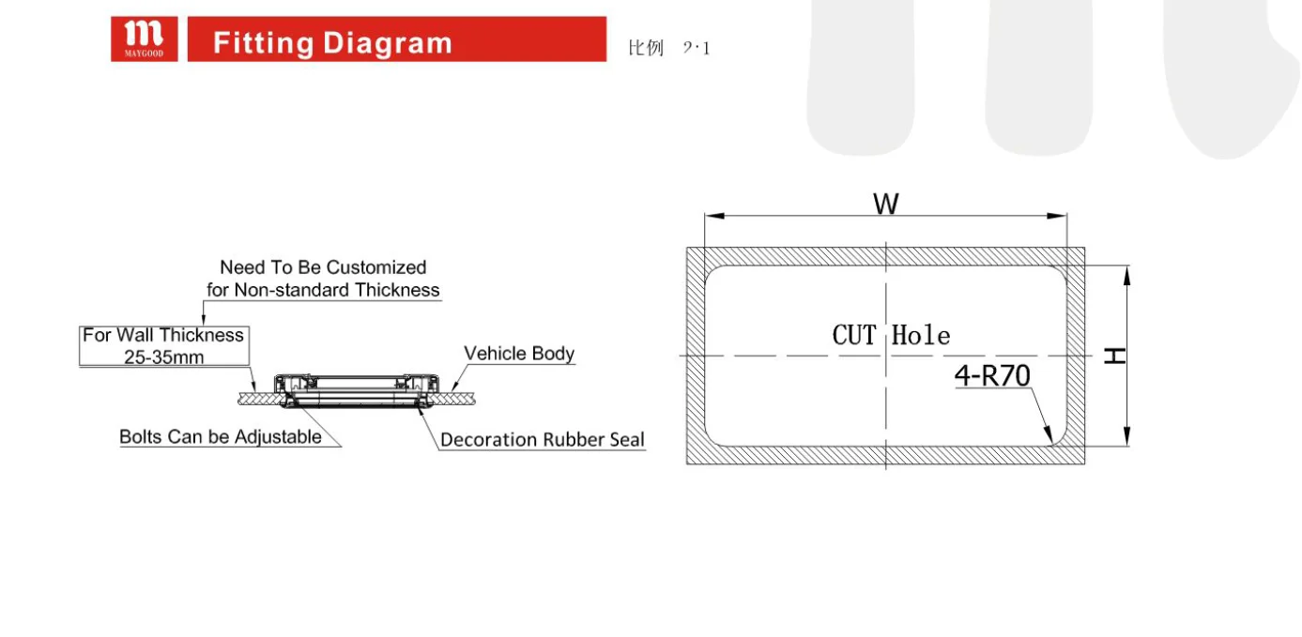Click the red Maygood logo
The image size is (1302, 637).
point(144,38)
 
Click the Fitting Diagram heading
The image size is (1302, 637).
point(332,43)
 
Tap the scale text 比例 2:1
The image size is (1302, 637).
point(668,48)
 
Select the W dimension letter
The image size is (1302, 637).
point(885,203)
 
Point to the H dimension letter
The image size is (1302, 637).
point(1114,356)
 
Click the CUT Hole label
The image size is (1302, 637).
point(891,335)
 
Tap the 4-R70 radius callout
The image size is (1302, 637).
point(992,376)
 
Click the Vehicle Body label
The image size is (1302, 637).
point(519,354)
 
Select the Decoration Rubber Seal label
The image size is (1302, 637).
point(542,439)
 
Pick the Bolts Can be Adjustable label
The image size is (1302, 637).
point(221,437)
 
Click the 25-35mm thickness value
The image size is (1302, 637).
point(163,356)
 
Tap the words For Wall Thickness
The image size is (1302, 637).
point(163,335)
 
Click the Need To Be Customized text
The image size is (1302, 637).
point(323,267)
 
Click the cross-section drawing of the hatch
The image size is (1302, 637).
point(358,390)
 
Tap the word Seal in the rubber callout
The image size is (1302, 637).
point(623,439)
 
